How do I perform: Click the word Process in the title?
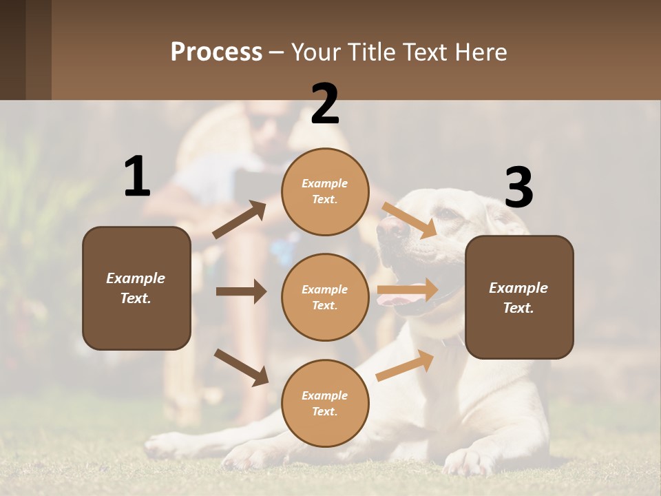point(216,52)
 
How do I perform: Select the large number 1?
point(137,177)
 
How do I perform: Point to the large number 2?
point(325,104)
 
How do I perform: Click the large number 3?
point(518,187)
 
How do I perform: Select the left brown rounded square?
point(136,288)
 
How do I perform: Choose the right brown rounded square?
point(519,297)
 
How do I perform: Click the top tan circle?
point(325,192)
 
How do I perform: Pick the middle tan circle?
point(325,297)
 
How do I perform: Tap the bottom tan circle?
point(325,403)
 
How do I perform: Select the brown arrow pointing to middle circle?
point(241,291)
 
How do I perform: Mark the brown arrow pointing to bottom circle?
point(241,367)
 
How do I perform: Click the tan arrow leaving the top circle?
point(409,220)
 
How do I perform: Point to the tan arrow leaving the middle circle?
point(408,290)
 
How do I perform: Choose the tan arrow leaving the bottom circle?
point(405,365)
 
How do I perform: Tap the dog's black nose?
point(390,229)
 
